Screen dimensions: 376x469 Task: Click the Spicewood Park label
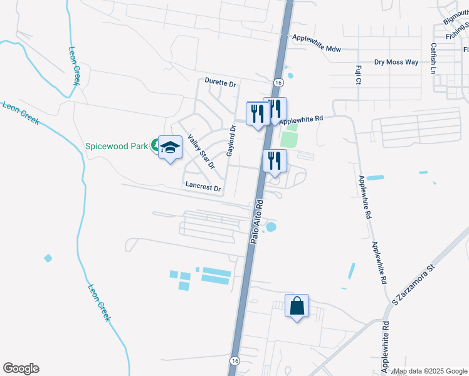tap(117, 146)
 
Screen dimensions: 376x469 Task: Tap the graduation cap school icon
tap(169, 148)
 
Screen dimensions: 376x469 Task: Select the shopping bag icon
tap(297, 307)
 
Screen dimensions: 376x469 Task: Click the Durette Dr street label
tap(220, 83)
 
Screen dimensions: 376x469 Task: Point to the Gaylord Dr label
tap(232, 140)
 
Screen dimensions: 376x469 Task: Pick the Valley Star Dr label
tap(201, 152)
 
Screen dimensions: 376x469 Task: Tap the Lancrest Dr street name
tap(204, 187)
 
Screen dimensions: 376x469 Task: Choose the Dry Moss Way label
tap(396, 62)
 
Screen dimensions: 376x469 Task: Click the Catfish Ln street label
tap(433, 58)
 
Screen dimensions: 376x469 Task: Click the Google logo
tap(21, 368)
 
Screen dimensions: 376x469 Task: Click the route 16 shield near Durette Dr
tap(277, 83)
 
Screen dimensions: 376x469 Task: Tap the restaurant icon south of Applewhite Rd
tap(275, 161)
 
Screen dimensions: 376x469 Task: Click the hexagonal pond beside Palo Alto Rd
tap(271, 226)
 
